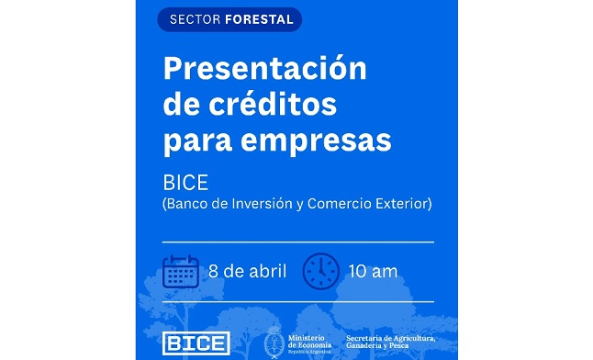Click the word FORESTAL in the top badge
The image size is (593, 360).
coord(259,19)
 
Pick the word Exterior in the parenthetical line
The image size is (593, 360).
coord(404,203)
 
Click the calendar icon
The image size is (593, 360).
coord(180,271)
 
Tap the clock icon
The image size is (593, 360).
coord(321,270)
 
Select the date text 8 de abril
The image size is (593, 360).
coord(248,271)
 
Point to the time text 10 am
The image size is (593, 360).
coord(373,271)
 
